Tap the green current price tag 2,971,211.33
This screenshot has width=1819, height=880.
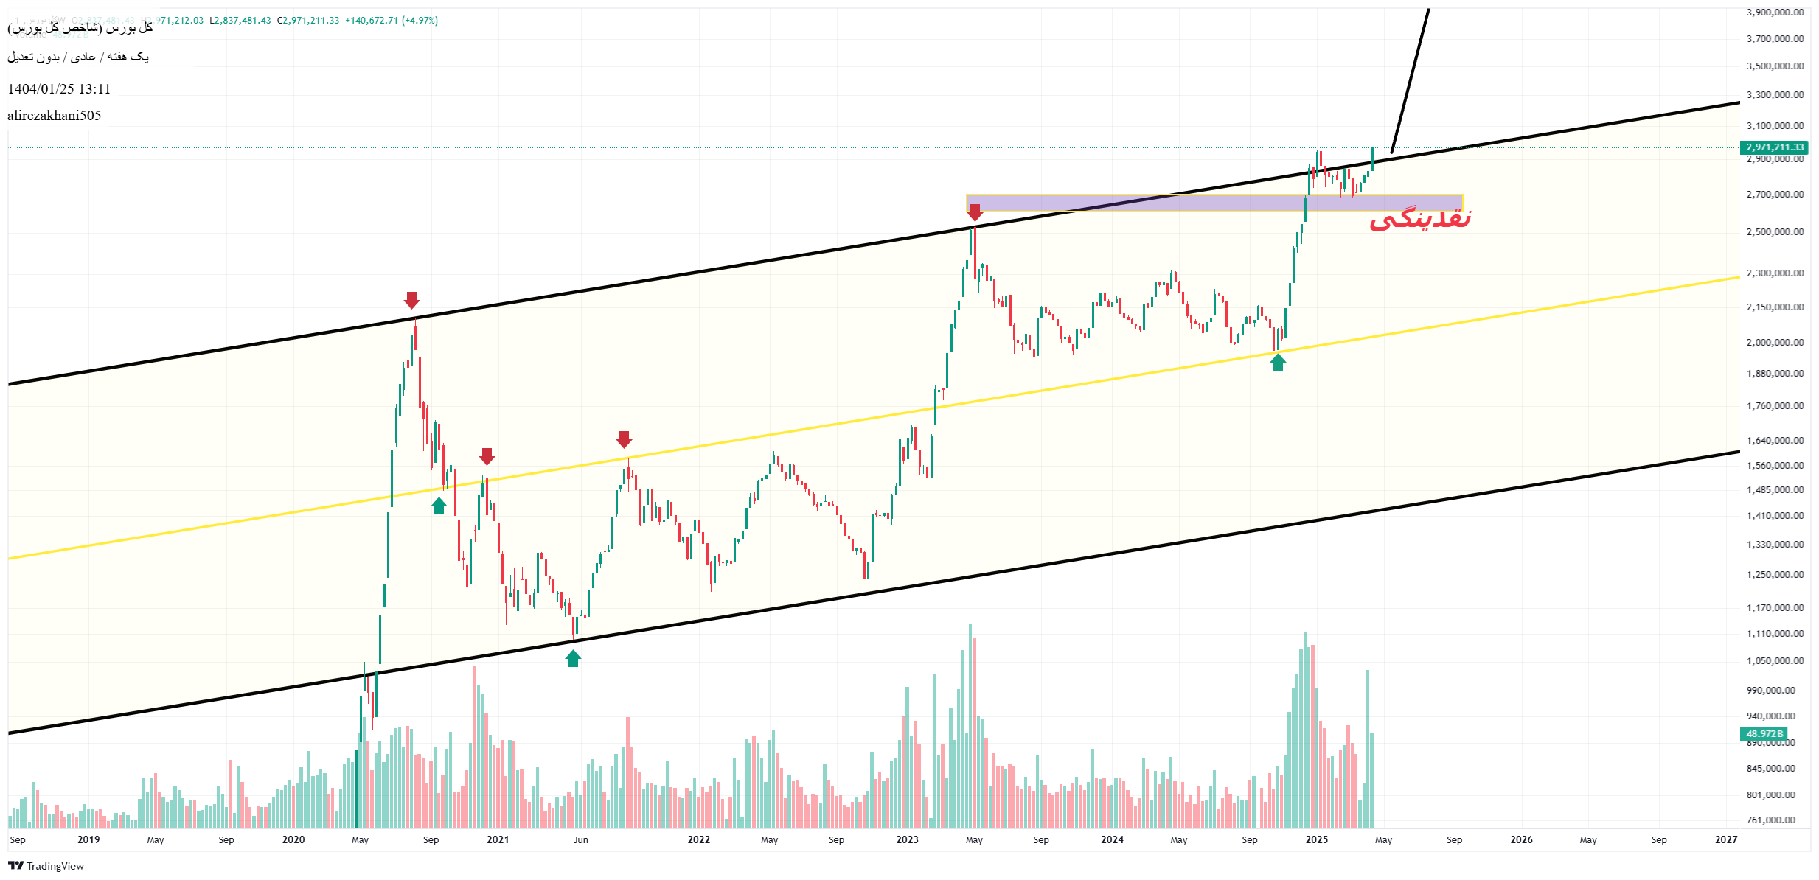coord(1774,147)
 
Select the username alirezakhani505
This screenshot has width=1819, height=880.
coord(55,116)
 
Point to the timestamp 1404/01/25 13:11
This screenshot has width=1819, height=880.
coord(59,89)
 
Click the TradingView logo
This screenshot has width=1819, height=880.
coord(46,866)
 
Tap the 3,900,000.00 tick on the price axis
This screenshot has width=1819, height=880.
coord(1775,12)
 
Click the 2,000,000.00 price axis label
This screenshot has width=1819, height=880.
coord(1775,342)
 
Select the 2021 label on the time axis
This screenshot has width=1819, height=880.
coord(498,839)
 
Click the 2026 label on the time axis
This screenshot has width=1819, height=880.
coord(1521,839)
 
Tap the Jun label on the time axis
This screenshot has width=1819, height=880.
coord(581,839)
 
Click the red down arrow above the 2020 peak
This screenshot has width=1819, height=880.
coord(411,300)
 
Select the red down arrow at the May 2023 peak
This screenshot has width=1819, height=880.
coord(975,213)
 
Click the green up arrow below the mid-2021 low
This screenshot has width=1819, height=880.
coord(573,658)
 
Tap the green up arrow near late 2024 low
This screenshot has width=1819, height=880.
coord(1278,362)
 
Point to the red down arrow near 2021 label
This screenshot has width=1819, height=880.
coord(487,456)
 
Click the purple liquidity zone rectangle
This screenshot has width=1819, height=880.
coord(1214,203)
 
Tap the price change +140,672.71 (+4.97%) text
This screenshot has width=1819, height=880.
coord(392,21)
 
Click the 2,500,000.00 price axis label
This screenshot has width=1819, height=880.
coord(1775,231)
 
